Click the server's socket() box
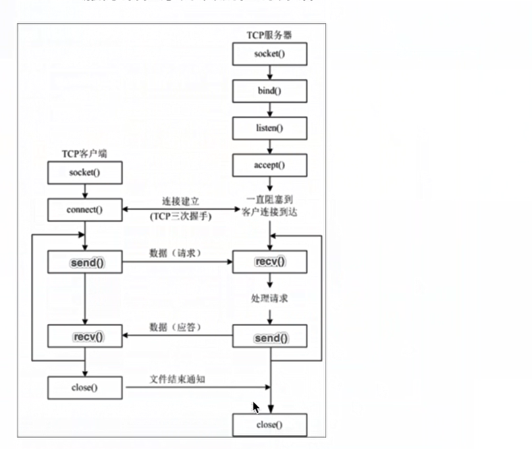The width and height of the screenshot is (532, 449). point(270,54)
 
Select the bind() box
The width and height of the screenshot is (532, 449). point(270,91)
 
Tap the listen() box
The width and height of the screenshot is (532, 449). point(270,128)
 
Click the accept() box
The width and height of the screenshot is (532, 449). point(270,165)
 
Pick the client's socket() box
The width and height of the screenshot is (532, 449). point(85,173)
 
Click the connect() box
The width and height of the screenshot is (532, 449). point(85,210)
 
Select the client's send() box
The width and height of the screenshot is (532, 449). point(85,263)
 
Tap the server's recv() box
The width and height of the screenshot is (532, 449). point(270,262)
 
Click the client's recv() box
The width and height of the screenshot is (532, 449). point(85,337)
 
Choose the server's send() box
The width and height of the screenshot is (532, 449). point(270,338)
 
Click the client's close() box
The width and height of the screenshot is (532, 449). point(85,387)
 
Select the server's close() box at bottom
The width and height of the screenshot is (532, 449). point(270,425)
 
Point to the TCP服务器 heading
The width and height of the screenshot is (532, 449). point(270,34)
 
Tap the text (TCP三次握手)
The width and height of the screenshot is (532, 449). point(180,216)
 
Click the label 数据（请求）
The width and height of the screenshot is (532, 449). point(174,253)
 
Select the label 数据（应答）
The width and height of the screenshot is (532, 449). point(174,327)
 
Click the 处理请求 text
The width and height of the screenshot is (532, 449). point(270,299)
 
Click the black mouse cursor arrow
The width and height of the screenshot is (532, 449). point(256,408)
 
